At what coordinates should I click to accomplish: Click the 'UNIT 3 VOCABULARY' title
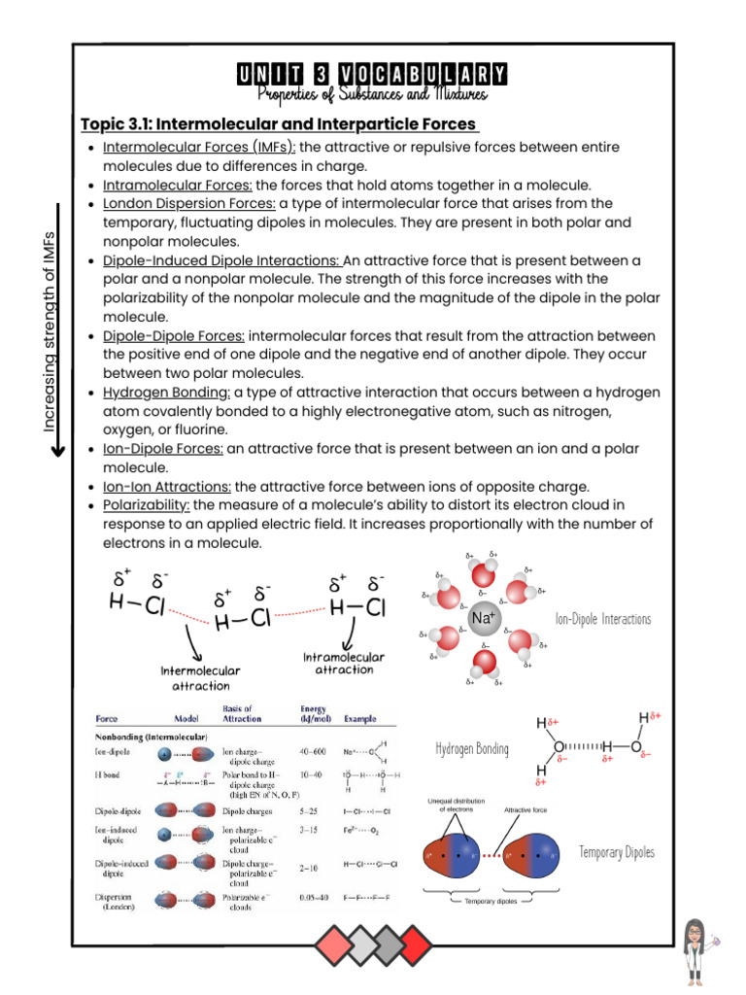click(x=372, y=75)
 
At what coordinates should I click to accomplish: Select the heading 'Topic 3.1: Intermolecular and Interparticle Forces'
click(x=280, y=123)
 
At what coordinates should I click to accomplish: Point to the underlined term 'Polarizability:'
click(x=147, y=505)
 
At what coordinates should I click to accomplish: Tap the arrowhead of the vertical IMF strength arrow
click(x=58, y=449)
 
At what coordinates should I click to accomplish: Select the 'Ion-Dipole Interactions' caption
click(x=602, y=619)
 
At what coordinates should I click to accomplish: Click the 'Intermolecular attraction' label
click(x=201, y=678)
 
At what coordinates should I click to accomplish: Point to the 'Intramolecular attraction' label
click(x=344, y=664)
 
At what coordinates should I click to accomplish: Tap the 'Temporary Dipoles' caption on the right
click(x=617, y=852)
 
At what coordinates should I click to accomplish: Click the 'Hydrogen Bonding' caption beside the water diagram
click(x=472, y=748)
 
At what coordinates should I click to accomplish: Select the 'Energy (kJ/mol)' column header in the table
click(x=314, y=714)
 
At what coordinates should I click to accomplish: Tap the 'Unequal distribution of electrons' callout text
click(x=456, y=805)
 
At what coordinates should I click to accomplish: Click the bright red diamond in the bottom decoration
click(x=415, y=942)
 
